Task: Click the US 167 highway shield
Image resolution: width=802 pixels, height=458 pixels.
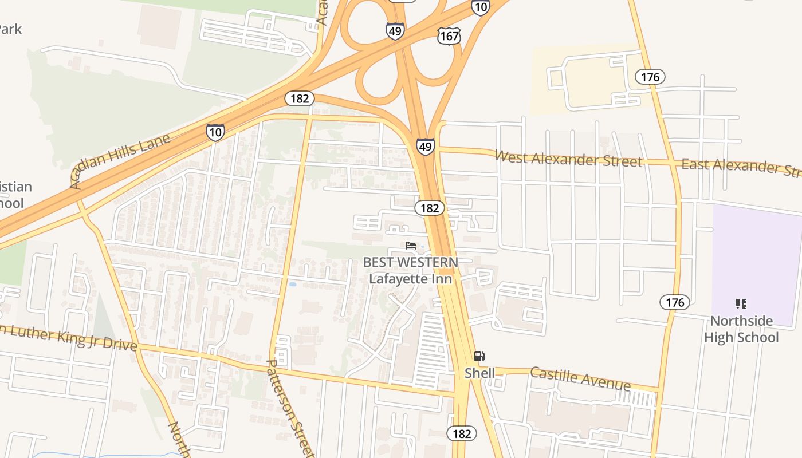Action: [x=449, y=36]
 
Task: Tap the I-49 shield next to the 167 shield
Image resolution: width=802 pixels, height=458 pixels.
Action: [x=395, y=31]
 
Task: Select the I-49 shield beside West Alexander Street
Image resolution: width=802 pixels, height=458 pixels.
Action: [x=425, y=147]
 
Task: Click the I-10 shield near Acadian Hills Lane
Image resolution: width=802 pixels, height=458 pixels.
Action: [x=215, y=132]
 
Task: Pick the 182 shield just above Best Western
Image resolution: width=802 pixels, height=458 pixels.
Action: [x=429, y=208]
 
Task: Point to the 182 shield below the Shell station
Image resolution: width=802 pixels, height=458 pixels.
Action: [x=461, y=433]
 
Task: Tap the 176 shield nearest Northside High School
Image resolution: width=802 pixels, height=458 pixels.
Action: [x=674, y=302]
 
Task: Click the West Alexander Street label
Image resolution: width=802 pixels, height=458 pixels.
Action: [x=568, y=159]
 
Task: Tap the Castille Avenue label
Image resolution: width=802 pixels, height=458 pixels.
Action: [x=580, y=378]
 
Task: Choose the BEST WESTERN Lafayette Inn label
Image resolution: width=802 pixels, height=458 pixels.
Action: [x=411, y=270]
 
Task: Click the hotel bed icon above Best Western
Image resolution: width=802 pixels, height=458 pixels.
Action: [x=410, y=246]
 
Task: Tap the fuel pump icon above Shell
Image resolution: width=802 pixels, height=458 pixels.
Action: [x=479, y=356]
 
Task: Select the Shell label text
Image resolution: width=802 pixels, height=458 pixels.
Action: [x=479, y=373]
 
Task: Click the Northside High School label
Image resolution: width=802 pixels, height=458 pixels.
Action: [x=741, y=329]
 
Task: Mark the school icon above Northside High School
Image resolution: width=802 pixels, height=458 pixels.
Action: [x=741, y=303]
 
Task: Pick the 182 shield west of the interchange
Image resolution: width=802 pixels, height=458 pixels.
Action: [x=299, y=98]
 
